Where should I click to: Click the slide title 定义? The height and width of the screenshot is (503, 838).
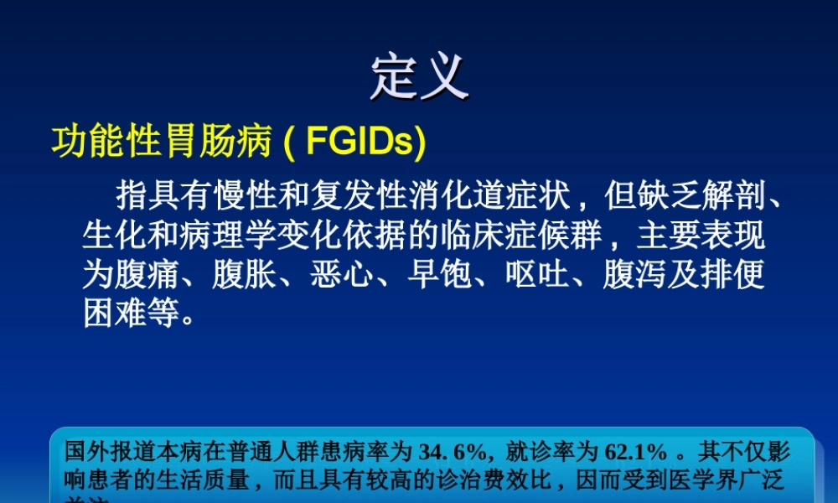pyautogui.click(x=419, y=78)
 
